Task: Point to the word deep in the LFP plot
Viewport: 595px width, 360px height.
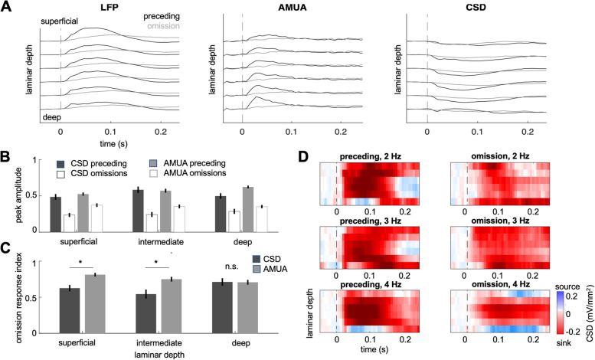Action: (x=53, y=117)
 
